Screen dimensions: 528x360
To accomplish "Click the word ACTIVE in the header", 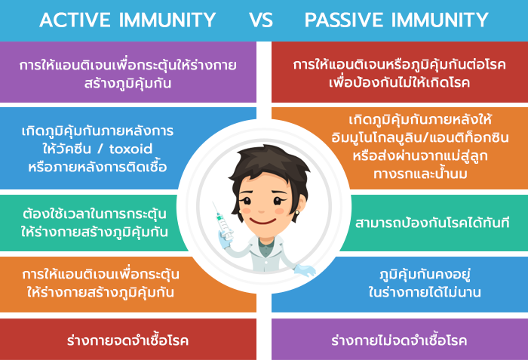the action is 75,20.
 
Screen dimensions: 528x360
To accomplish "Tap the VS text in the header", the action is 261,20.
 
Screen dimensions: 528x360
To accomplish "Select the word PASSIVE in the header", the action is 344,20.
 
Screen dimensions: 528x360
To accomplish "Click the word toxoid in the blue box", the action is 130,149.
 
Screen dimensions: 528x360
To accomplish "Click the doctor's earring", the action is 297,212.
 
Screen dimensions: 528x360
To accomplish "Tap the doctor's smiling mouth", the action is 262,221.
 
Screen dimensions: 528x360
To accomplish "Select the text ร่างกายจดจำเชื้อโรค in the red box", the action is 127,340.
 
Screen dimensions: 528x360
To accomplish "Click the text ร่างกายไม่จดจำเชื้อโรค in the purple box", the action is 399,340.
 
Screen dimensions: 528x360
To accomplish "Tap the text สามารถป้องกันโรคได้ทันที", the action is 432,223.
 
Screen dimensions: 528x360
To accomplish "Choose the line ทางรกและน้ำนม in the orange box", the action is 420,174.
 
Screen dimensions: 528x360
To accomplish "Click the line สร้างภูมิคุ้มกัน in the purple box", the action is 127,83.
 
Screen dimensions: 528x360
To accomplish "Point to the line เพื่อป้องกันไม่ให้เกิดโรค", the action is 399,82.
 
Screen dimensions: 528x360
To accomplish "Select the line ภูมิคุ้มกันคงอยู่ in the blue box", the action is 425,275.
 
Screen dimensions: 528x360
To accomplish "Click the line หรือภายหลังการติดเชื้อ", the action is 97,167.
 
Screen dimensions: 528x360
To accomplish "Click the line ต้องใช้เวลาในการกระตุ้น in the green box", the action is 94,214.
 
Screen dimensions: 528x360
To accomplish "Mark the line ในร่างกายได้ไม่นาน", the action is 424,292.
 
